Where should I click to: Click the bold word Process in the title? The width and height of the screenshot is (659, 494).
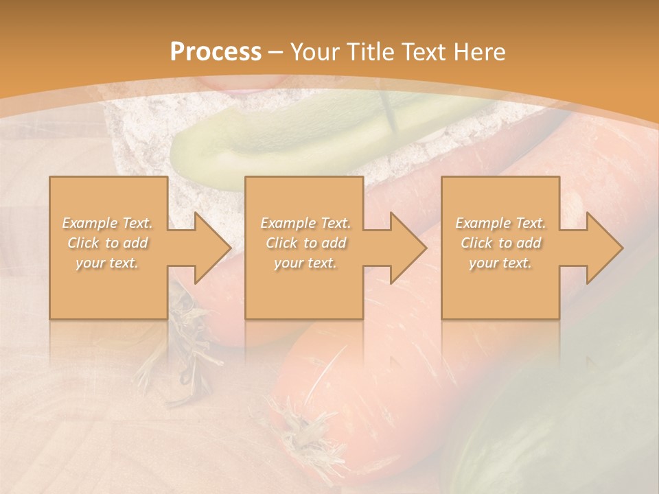pos(216,52)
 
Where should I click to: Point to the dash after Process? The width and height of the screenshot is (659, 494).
pos(277,52)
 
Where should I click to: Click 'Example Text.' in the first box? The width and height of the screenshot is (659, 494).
pos(108,223)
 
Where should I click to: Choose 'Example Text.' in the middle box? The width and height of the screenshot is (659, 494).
pos(305,223)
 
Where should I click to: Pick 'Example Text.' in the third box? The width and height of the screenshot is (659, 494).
pos(500,223)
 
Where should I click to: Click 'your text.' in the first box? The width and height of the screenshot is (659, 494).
pos(107,263)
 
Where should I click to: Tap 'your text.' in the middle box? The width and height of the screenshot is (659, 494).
pos(305,263)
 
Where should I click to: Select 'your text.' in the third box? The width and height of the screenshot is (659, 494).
pos(500,263)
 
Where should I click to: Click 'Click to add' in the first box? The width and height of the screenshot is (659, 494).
pos(108,243)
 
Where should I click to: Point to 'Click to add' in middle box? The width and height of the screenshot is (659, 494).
pos(305,243)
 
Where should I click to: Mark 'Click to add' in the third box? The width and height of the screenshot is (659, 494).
pos(500,243)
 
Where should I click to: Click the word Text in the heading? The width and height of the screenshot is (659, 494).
pos(425,52)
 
